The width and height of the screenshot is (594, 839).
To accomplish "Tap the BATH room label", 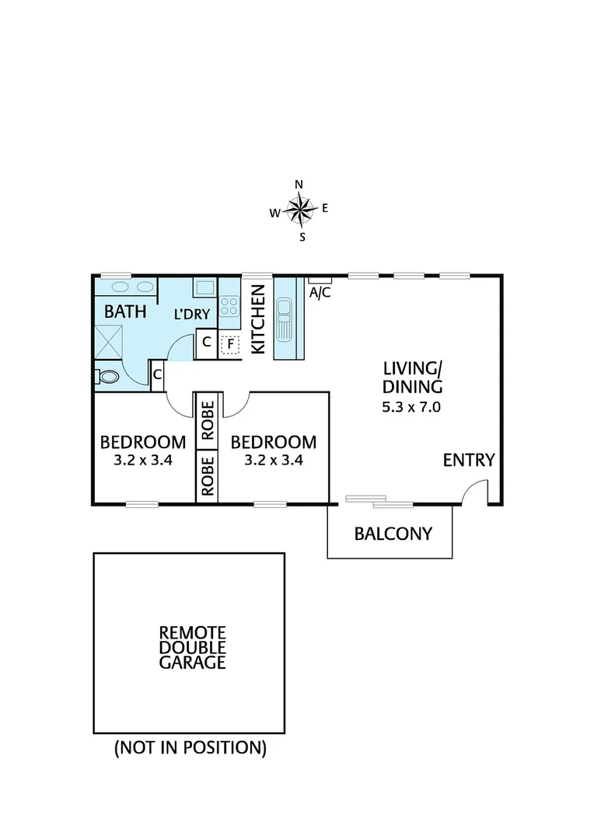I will [x=125, y=312].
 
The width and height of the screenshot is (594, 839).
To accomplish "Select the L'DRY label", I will [x=192, y=315].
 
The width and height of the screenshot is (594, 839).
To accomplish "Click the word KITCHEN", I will [x=259, y=319].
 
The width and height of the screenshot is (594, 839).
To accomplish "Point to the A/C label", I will [x=319, y=293].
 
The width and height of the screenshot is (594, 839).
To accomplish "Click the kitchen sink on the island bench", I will [x=284, y=319].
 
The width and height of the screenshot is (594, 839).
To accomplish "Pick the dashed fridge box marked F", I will [x=229, y=343].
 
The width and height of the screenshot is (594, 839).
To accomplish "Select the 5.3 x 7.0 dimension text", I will [x=411, y=407].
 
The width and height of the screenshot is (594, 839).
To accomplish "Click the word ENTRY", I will [x=468, y=460].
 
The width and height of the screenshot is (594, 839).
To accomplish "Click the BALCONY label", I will [x=393, y=534].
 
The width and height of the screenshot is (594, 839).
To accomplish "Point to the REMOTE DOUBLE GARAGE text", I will [x=192, y=647].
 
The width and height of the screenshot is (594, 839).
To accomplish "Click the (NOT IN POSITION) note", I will [x=190, y=748].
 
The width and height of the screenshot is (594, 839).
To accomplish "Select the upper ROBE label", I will [x=208, y=421].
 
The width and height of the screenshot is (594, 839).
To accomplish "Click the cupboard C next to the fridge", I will [x=207, y=342].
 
